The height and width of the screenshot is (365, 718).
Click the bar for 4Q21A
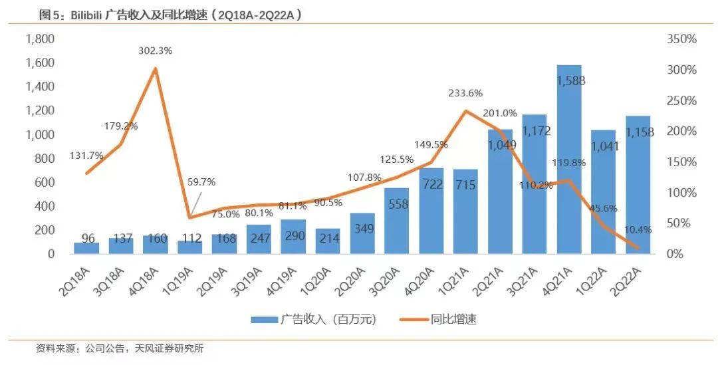click(x=569, y=160)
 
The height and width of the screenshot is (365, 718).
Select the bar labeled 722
click(x=431, y=211)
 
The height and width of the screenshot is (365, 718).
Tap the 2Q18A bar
click(x=86, y=248)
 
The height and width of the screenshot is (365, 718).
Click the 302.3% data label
click(x=155, y=51)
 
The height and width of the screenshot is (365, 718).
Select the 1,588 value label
click(x=569, y=81)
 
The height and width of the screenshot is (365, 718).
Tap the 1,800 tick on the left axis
click(x=40, y=39)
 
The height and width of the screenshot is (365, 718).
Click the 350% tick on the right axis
click(x=681, y=39)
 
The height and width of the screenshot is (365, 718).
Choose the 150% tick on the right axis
click(x=681, y=162)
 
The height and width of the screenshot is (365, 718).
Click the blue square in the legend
click(x=259, y=320)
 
